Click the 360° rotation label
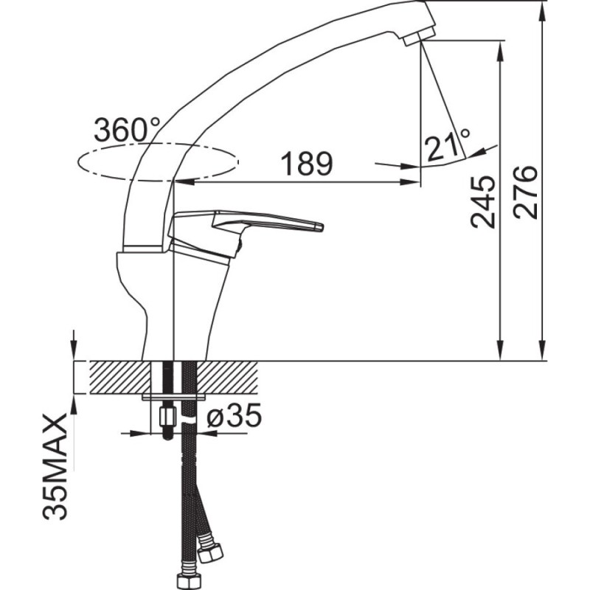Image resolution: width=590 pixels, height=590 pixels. tap(127, 130)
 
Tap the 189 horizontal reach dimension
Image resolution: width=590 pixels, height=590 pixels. tap(307, 164)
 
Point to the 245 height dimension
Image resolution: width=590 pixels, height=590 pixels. tap(483, 202)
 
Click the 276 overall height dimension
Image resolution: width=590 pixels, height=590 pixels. tap(525, 192)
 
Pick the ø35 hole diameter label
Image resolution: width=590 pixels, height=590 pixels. tap(234, 415)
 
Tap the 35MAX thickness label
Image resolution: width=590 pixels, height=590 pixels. tap(55, 467)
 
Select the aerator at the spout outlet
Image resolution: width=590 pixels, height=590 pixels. tap(417, 38)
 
